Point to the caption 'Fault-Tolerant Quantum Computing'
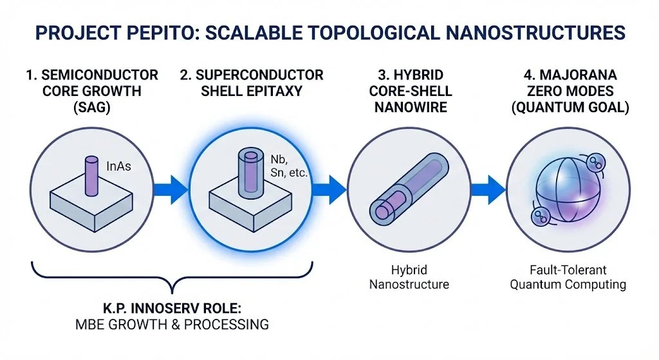coord(568,276)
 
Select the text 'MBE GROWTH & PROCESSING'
coord(172,324)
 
